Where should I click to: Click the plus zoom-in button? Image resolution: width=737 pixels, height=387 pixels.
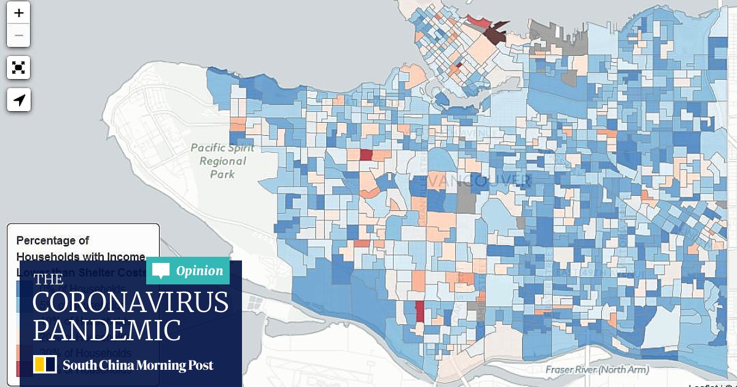pos(18,13)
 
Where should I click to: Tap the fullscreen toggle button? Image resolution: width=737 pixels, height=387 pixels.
pos(18,68)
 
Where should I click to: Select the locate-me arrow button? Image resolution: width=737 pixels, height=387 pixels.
pos(18,100)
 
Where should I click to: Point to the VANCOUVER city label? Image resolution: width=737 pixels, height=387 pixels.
pos(478,180)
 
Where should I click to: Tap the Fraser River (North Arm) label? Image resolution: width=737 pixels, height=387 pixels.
pos(597,370)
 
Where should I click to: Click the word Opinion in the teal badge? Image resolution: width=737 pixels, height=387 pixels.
pos(200,271)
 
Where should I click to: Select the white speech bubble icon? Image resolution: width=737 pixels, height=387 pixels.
pos(161,271)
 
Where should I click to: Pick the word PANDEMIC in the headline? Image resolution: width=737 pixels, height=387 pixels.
pos(107,330)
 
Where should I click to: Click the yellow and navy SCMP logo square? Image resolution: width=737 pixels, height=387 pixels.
pos(45,364)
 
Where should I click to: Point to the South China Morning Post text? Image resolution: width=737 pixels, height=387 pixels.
pos(138,365)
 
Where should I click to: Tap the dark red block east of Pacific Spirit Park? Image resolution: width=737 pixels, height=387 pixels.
pos(365,155)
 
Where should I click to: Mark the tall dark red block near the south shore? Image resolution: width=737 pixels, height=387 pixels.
pos(419,311)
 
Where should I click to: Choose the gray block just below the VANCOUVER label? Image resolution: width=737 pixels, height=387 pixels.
pos(466,200)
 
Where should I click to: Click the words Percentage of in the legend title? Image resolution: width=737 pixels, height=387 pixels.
pos(53,240)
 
